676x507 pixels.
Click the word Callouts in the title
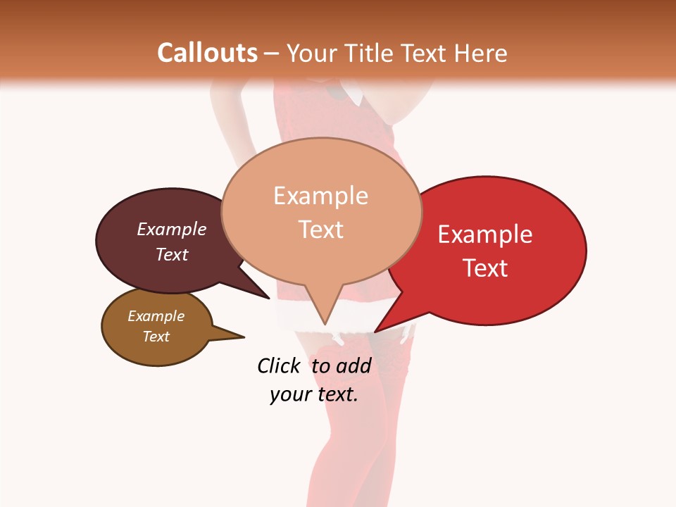pyautogui.click(x=207, y=54)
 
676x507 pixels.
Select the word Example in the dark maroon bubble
pyautogui.click(x=172, y=230)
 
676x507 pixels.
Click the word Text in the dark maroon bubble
pyautogui.click(x=172, y=254)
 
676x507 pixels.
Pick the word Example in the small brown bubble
pyautogui.click(x=156, y=316)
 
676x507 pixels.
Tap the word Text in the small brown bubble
pyautogui.click(x=156, y=337)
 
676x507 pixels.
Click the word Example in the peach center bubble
pyautogui.click(x=320, y=196)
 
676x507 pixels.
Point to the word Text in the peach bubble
pyautogui.click(x=320, y=230)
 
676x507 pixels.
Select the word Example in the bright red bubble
pyautogui.click(x=485, y=234)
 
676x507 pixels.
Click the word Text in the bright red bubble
pyautogui.click(x=485, y=268)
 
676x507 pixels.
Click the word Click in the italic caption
pyautogui.click(x=278, y=365)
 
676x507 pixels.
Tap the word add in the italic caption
pyautogui.click(x=353, y=365)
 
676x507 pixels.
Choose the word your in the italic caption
pyautogui.click(x=290, y=394)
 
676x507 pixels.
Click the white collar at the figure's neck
pyautogui.click(x=350, y=94)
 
